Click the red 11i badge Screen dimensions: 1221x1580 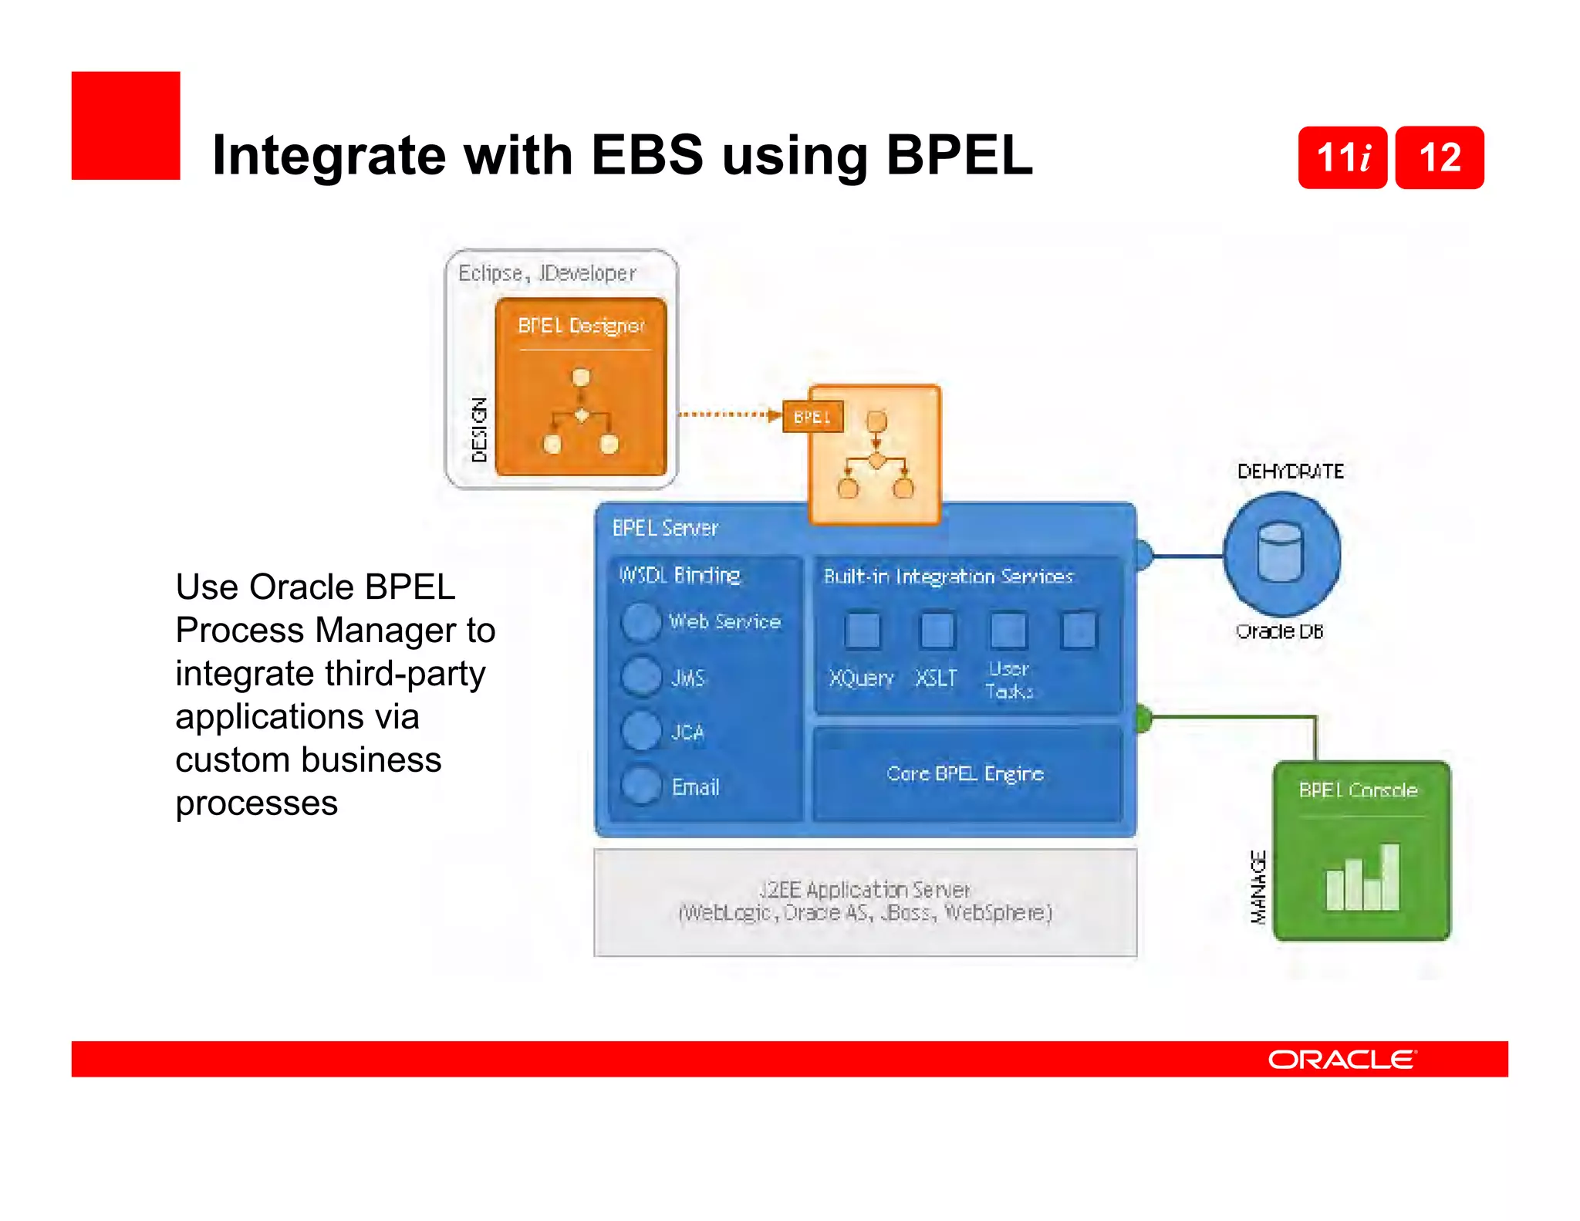coord(1342,157)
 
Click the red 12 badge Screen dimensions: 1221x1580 coord(1440,157)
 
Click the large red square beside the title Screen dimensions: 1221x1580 coord(126,126)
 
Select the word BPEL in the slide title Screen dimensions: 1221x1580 coord(959,155)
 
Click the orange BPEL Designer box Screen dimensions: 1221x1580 coord(581,386)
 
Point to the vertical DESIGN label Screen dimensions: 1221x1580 coord(480,429)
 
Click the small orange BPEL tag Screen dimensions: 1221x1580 coord(812,417)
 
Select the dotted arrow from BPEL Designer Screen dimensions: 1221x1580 coord(729,414)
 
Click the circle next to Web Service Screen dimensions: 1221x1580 coord(640,622)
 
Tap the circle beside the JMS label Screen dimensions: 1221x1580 coord(640,677)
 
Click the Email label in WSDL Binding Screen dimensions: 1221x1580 coord(695,786)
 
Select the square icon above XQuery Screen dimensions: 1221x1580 coord(862,631)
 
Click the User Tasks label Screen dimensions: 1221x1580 coord(1009,680)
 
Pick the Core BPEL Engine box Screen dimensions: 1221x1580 coord(966,773)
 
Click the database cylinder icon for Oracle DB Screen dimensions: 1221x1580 coord(1281,553)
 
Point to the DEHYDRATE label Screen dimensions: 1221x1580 coord(1290,471)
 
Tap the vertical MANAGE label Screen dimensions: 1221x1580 coord(1258,887)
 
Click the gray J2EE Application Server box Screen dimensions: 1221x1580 coord(865,901)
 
